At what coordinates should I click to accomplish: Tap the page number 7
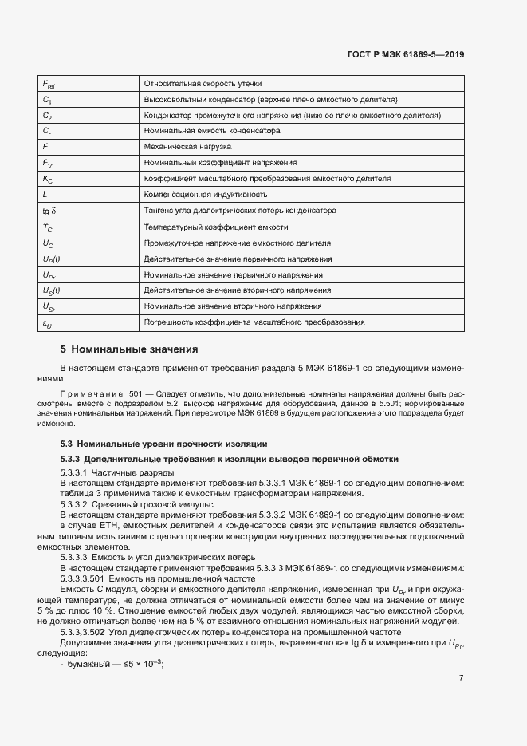point(461,677)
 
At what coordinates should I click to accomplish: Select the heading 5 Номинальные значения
point(129,349)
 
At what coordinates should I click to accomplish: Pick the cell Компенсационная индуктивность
point(205,194)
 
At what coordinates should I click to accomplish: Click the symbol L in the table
point(45,194)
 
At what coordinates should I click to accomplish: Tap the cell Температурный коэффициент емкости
point(214,227)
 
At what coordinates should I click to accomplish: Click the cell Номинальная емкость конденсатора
point(211,130)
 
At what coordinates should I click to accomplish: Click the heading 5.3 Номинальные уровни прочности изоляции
point(164,444)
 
